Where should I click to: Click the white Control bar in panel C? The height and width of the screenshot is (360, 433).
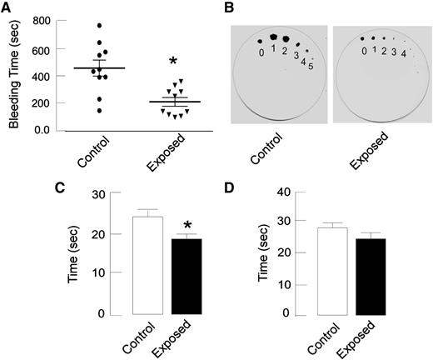pos(123,265)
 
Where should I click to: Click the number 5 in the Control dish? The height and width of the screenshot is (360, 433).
pos(312,67)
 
